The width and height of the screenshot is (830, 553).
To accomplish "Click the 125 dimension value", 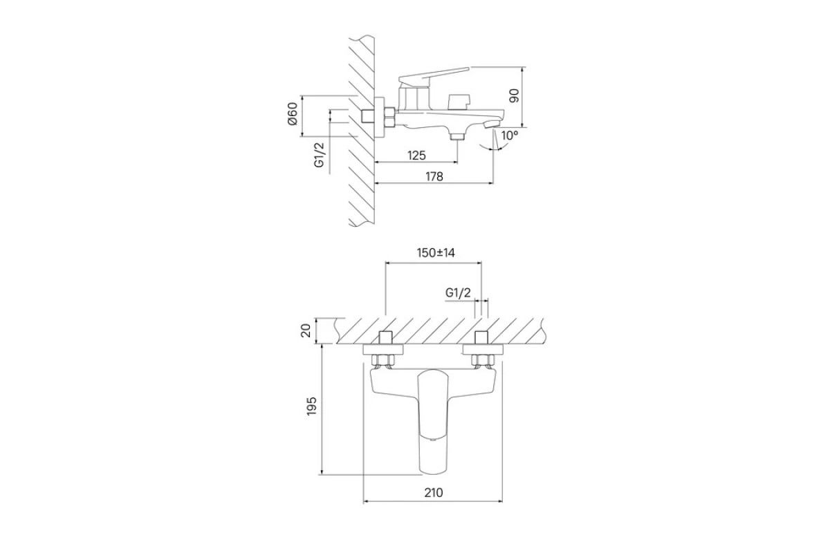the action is [x=416, y=156].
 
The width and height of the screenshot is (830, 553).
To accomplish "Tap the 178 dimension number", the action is [x=434, y=177].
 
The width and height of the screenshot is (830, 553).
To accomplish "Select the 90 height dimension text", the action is [x=515, y=95].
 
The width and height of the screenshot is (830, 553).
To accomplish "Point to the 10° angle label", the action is [x=510, y=135].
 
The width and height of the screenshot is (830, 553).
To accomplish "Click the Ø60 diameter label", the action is [x=293, y=114].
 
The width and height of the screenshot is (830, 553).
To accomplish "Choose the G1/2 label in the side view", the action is [x=319, y=154].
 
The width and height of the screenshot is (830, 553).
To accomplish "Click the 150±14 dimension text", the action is [x=436, y=253].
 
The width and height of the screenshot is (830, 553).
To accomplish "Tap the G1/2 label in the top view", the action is [x=458, y=293].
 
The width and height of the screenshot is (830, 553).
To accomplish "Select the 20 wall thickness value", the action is [x=306, y=330].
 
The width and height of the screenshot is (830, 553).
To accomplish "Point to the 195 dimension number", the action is [x=312, y=406].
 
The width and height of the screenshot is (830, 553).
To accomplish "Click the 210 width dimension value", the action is [x=434, y=493].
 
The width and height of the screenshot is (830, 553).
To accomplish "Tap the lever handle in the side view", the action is [x=434, y=75].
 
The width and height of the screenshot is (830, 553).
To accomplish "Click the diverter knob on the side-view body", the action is [x=459, y=102].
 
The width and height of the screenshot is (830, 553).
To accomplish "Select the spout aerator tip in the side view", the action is [x=492, y=124].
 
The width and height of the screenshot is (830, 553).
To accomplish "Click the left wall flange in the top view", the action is [x=383, y=350].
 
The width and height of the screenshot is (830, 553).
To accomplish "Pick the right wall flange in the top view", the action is [x=483, y=350].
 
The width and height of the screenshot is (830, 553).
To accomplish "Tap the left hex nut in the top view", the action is [x=383, y=360].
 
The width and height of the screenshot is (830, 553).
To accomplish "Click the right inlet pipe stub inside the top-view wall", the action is [x=483, y=338].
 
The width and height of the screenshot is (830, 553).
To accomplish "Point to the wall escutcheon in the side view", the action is [x=380, y=117].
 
